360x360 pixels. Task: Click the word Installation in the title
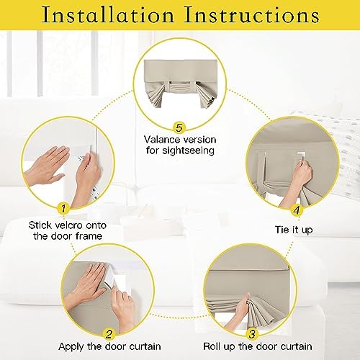point(107,15)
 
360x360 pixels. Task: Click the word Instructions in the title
point(251,15)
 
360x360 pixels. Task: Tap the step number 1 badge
point(63,208)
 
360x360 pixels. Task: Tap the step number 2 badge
point(109,334)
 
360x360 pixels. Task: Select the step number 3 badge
point(252,334)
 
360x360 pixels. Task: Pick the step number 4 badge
point(297,210)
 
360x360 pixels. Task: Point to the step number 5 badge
point(179,127)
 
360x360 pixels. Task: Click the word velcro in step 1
point(68,225)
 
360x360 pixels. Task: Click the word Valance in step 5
point(162,140)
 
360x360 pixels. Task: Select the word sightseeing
point(188,151)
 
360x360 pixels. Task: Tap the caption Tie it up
point(294,230)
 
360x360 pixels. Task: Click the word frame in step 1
point(89,236)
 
